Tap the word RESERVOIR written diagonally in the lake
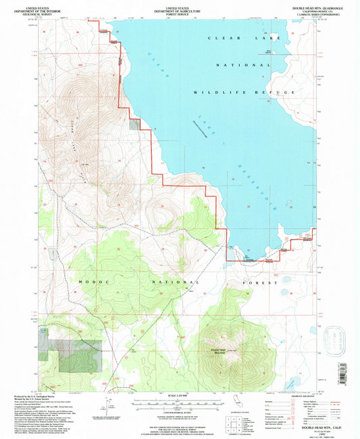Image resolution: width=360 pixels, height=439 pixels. pyautogui.click(x=257, y=186)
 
